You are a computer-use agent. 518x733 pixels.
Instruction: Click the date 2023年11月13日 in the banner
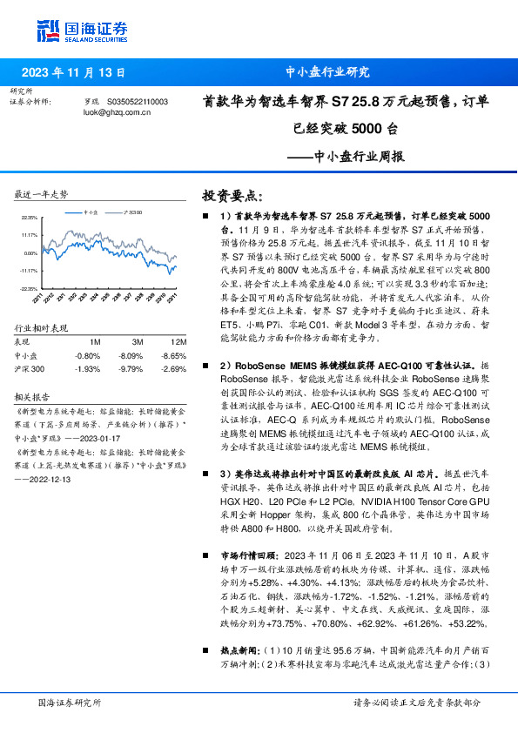[73, 73]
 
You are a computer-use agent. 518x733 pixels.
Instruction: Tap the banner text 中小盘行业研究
[327, 73]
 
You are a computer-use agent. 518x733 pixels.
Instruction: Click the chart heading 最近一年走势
[42, 193]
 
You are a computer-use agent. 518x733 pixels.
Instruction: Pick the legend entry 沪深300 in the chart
[133, 212]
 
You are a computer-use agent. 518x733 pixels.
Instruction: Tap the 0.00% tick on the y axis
[30, 253]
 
